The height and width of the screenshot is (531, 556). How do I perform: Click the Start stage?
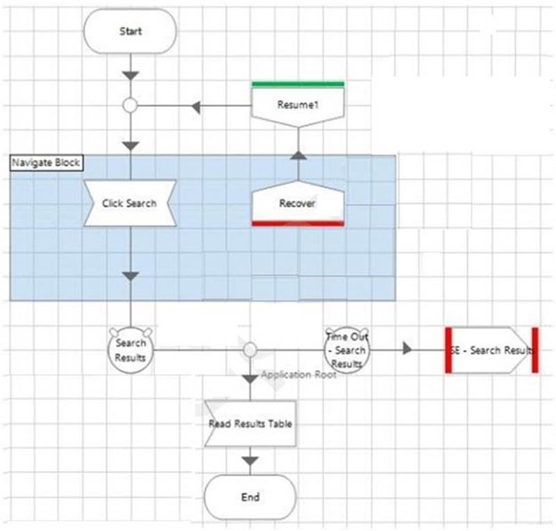click(130, 31)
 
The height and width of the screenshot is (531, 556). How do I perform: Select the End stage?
click(250, 497)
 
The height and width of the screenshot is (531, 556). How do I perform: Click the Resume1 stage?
click(298, 106)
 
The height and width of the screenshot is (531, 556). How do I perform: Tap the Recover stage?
click(298, 203)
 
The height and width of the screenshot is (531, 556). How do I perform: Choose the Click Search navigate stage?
click(130, 203)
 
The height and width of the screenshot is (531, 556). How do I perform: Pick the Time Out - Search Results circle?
click(346, 349)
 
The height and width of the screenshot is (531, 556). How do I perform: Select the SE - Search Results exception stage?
click(491, 350)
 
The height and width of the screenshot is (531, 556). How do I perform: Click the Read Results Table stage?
click(250, 423)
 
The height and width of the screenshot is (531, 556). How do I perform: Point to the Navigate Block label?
click(46, 162)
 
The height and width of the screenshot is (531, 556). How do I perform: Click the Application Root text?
click(298, 375)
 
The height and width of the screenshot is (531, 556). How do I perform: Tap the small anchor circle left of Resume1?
click(130, 106)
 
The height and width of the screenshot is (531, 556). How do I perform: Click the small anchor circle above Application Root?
click(251, 349)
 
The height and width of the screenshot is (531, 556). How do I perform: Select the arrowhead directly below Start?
click(130, 75)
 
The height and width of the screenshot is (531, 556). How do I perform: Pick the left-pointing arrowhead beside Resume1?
click(196, 107)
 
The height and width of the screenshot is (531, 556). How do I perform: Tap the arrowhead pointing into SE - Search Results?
click(407, 349)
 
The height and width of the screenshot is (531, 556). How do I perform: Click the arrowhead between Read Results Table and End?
click(251, 461)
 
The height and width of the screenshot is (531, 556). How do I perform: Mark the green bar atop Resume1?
click(298, 85)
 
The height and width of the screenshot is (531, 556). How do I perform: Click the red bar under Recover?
click(298, 224)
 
